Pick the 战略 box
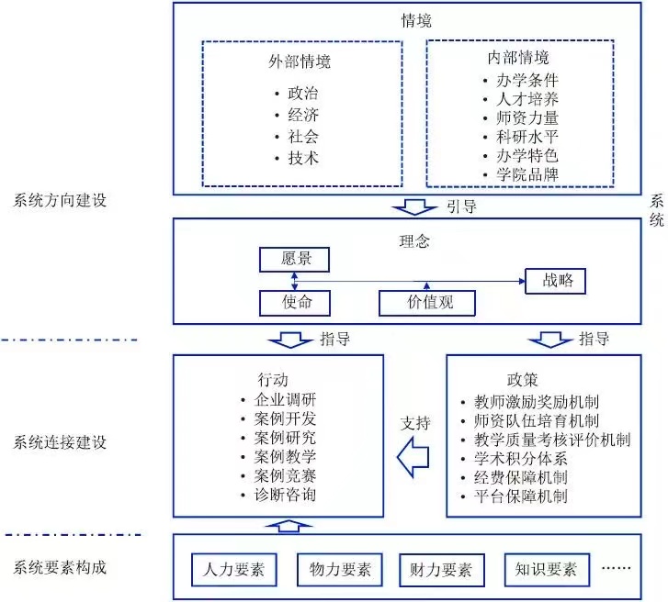(x=555, y=280)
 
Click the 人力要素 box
(x=233, y=570)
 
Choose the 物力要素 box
(x=339, y=570)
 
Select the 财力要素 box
(x=440, y=570)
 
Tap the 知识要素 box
(x=545, y=570)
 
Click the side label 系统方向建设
(x=61, y=200)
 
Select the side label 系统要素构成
(x=61, y=568)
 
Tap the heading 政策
(x=522, y=379)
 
